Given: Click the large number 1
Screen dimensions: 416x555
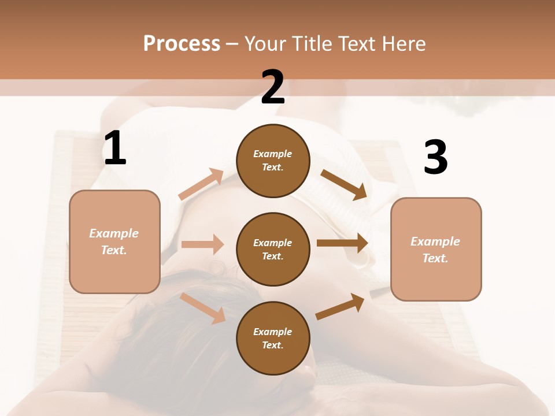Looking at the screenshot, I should pyautogui.click(x=115, y=148).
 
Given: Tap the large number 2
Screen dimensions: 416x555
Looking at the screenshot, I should pyautogui.click(x=273, y=87).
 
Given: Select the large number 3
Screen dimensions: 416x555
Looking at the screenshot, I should pyautogui.click(x=435, y=157).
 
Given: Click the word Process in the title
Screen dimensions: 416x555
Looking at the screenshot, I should pyautogui.click(x=182, y=43).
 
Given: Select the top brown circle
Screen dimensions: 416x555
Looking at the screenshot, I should pyautogui.click(x=273, y=161).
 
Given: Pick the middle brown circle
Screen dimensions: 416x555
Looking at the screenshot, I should pyautogui.click(x=273, y=249).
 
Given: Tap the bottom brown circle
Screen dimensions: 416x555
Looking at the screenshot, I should pyautogui.click(x=273, y=338).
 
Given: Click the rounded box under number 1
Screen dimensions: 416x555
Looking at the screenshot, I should pyautogui.click(x=114, y=242).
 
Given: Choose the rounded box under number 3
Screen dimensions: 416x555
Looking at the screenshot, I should pyautogui.click(x=436, y=249).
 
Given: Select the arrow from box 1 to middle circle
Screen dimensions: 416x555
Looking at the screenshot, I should pyautogui.click(x=202, y=244).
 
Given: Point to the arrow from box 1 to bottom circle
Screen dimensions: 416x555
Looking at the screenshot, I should pyautogui.click(x=202, y=307).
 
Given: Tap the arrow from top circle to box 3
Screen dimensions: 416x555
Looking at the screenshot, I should pyautogui.click(x=344, y=185).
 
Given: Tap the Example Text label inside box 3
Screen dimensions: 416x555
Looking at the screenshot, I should pyautogui.click(x=435, y=250).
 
